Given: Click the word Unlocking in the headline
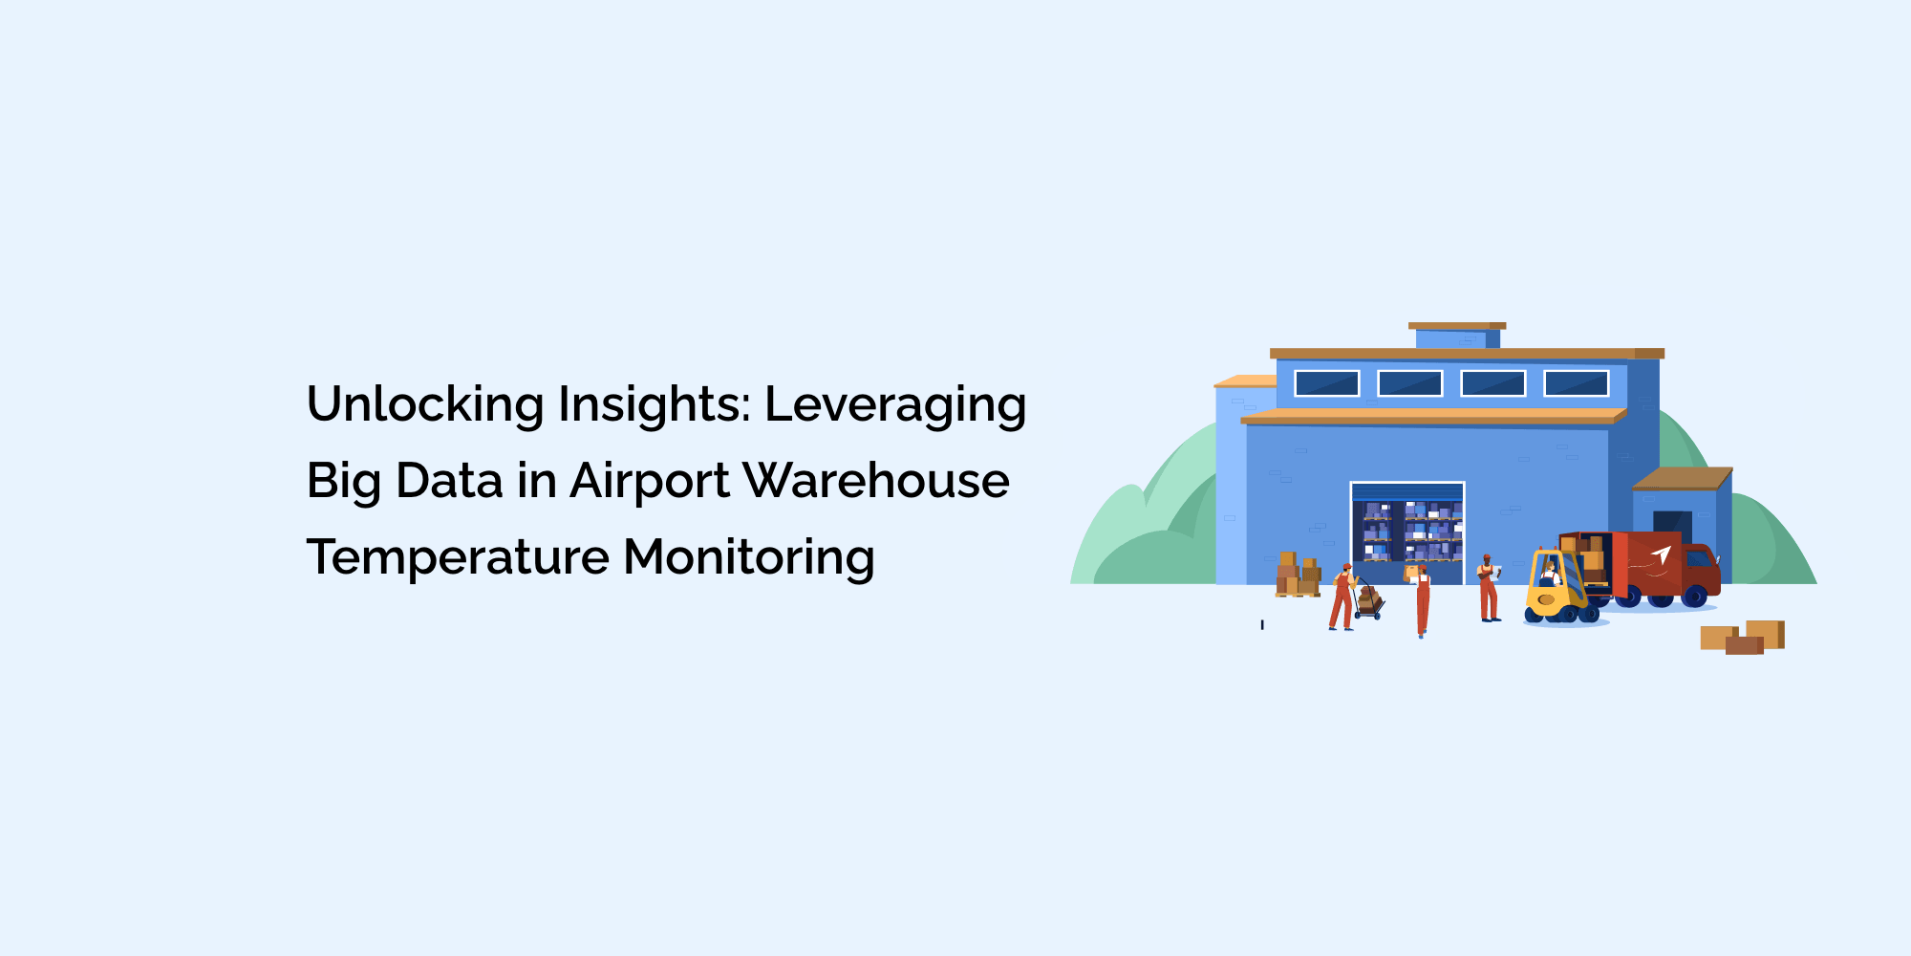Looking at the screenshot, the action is [x=425, y=403].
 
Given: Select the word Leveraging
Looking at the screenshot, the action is [x=895, y=405].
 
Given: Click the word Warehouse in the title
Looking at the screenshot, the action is [x=876, y=480].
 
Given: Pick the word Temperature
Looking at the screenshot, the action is [x=458, y=558].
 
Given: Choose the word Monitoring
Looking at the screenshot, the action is [x=749, y=558].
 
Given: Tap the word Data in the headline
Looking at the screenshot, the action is [x=449, y=480].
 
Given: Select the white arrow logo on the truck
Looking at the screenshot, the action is [x=1661, y=555].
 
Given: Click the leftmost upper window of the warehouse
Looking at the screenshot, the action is [x=1326, y=383].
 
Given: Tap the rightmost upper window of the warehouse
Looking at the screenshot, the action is [x=1577, y=383].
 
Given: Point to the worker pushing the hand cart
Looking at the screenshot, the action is [x=1342, y=597].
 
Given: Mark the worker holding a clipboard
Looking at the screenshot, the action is [x=1488, y=588].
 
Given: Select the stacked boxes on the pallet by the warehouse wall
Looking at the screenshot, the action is [x=1298, y=575].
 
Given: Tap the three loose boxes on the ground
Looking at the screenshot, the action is [x=1742, y=638].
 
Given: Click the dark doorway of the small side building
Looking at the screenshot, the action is [x=1672, y=527].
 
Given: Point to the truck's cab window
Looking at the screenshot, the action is [x=1698, y=558].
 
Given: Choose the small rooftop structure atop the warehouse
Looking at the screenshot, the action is [x=1457, y=336].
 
